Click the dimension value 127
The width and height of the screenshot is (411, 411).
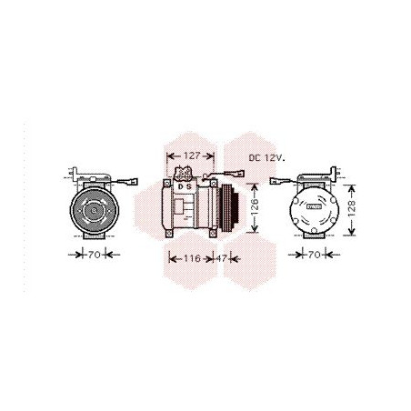[190, 156]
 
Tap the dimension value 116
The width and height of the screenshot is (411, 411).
[190, 258]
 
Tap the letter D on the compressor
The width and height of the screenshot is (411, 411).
[180, 186]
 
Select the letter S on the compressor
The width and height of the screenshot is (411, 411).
[189, 186]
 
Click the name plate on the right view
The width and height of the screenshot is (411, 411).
[315, 206]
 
